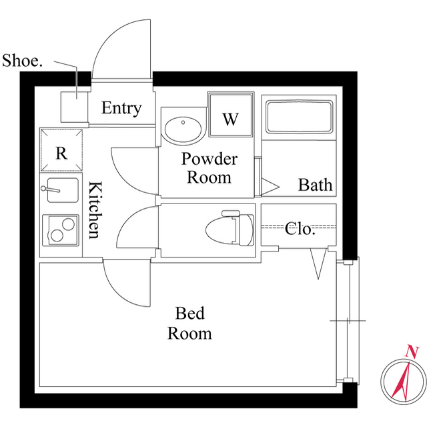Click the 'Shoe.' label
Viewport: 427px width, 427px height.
point(23,61)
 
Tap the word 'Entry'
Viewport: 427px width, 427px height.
point(121,108)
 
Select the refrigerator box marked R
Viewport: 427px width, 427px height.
point(61,151)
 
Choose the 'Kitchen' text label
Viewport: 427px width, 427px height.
point(94,209)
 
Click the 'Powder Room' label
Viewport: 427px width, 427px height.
point(209,168)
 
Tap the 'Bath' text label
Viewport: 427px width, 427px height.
point(315,184)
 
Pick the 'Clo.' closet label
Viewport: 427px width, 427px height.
point(300,229)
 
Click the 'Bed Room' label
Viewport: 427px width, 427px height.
point(189,323)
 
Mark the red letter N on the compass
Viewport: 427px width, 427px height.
point(412,352)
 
